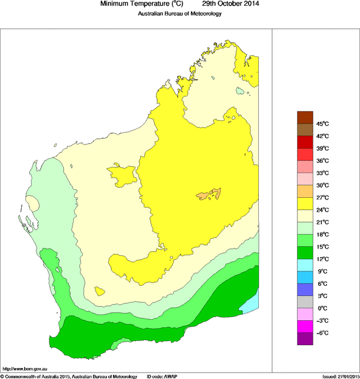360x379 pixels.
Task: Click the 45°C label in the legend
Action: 322,124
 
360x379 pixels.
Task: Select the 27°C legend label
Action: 322,197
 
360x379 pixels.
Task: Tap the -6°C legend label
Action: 322,333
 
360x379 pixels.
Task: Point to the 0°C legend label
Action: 322,308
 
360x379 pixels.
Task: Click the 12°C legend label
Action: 322,259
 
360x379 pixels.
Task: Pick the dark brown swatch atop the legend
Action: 305,117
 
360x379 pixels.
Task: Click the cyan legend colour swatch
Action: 305,265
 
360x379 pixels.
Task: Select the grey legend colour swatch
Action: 305,302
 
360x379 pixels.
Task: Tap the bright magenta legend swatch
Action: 305,327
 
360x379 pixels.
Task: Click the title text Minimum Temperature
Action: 141,4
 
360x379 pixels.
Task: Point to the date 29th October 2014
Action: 227,4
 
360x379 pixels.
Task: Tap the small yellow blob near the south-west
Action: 99,291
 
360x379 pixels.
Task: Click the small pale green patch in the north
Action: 240,91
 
